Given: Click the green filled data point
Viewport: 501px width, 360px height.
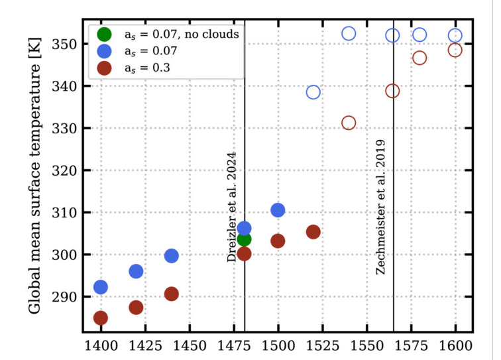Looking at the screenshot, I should point(244,239).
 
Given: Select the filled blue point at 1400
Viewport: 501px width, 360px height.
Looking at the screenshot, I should point(101,287).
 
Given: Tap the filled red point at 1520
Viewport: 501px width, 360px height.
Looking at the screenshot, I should point(313,232).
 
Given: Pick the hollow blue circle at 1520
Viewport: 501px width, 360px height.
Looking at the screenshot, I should point(313,92).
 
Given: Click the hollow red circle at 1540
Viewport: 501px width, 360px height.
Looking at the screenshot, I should point(349,123).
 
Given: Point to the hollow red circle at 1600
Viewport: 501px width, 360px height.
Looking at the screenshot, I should point(455,50).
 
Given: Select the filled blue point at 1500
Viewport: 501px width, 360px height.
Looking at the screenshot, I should point(278,210).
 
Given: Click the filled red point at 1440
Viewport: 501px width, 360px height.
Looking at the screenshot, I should point(172,294).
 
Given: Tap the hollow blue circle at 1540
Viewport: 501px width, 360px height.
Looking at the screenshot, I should point(349,33).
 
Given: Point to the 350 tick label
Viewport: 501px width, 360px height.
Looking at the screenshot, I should point(64,44).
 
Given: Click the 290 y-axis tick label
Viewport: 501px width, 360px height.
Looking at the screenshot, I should point(64,297).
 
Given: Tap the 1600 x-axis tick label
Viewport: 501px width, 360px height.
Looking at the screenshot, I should point(455,346).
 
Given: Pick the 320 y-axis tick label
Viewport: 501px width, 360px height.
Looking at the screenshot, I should point(64,170).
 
